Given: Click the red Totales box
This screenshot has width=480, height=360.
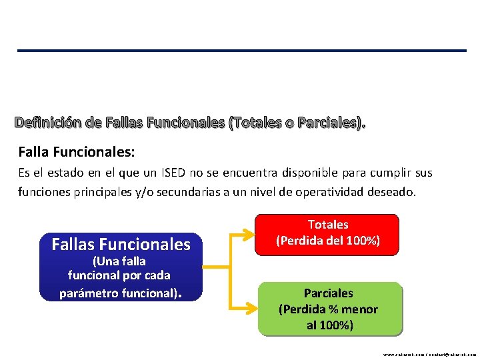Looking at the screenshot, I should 328,235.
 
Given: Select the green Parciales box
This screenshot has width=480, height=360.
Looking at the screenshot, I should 328,309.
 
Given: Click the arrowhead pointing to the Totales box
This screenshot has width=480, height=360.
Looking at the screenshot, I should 251,235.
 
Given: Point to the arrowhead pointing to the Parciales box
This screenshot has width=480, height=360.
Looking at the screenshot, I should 251,309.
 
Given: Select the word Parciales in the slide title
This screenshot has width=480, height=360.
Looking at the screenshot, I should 330,123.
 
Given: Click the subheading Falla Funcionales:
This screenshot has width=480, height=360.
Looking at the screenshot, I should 77,153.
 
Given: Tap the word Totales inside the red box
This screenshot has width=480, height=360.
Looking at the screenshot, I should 328,225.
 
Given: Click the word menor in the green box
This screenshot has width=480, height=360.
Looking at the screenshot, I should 360,309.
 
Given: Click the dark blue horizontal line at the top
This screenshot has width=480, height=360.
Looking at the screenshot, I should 241,51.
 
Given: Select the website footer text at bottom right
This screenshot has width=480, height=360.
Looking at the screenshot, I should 429,355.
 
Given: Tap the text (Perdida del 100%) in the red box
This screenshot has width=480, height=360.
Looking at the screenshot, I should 328,241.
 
